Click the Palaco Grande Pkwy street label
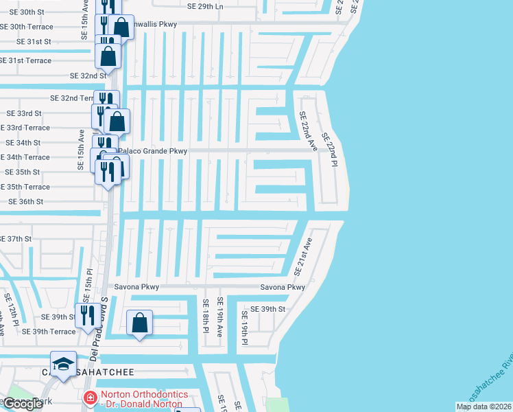point(152,150)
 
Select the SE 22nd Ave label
point(308,133)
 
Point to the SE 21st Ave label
point(302,255)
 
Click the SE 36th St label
point(25,202)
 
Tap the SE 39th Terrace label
point(49,332)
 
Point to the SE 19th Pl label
point(244,328)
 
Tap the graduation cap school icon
point(63,363)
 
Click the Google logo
point(23,404)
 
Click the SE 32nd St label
point(88,76)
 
